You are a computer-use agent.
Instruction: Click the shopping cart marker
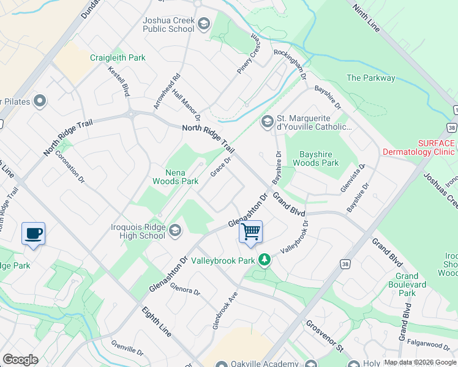point(250,232)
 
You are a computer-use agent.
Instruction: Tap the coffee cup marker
point(33,233)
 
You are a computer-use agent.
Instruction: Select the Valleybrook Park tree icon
point(264,260)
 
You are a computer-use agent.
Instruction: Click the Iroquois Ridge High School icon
point(175,230)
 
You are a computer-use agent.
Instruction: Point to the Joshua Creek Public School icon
point(204,24)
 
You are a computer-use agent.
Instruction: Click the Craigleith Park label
point(118,57)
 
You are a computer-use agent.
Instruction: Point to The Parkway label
point(371,78)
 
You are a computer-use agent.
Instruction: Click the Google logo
point(20,360)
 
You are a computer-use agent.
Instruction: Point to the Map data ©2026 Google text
point(420,362)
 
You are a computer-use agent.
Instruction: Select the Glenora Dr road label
point(185,288)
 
